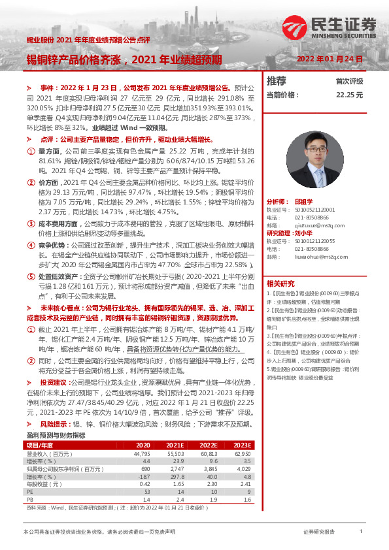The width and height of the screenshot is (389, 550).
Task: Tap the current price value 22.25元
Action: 348,95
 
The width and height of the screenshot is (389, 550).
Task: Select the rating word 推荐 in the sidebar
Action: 277,81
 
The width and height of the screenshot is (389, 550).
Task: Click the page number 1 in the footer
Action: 360,532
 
